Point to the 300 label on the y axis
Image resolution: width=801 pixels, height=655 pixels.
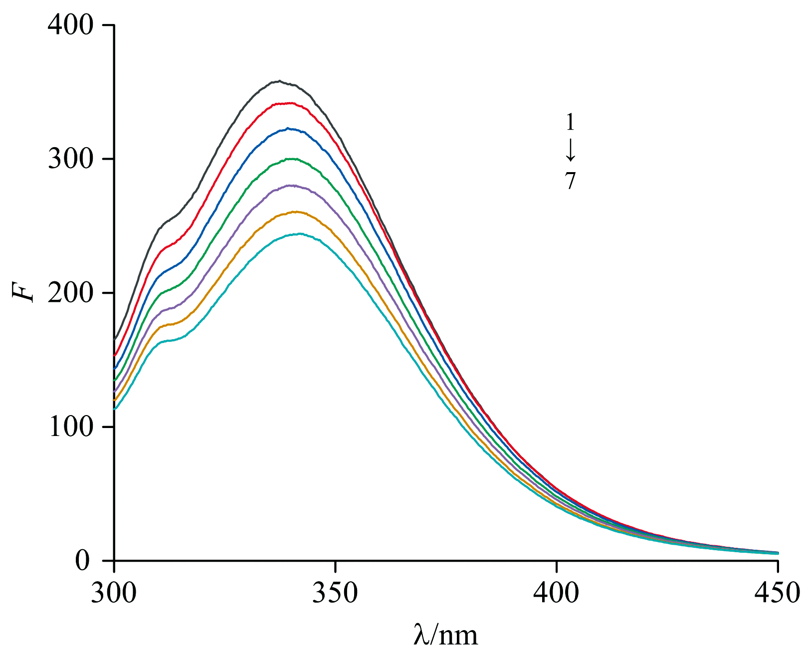(x=70, y=159)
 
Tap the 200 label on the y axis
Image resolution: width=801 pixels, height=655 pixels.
(x=70, y=293)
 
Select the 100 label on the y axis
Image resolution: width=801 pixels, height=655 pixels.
(x=70, y=427)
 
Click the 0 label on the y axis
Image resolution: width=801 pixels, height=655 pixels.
(x=82, y=561)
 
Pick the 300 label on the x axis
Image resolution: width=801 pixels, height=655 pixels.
(x=114, y=593)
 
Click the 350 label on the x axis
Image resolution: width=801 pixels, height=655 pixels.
(x=336, y=593)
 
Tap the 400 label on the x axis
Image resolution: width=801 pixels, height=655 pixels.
(x=557, y=593)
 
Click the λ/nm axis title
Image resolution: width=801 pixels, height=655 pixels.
(x=445, y=635)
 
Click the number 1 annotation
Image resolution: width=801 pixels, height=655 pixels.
(x=570, y=122)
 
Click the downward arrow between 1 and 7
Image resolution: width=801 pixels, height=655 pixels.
(x=571, y=151)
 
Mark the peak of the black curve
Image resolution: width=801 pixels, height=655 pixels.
(x=279, y=81)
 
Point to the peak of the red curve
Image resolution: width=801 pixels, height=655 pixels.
(x=289, y=103)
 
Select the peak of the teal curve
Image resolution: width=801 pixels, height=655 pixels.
(x=299, y=233)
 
